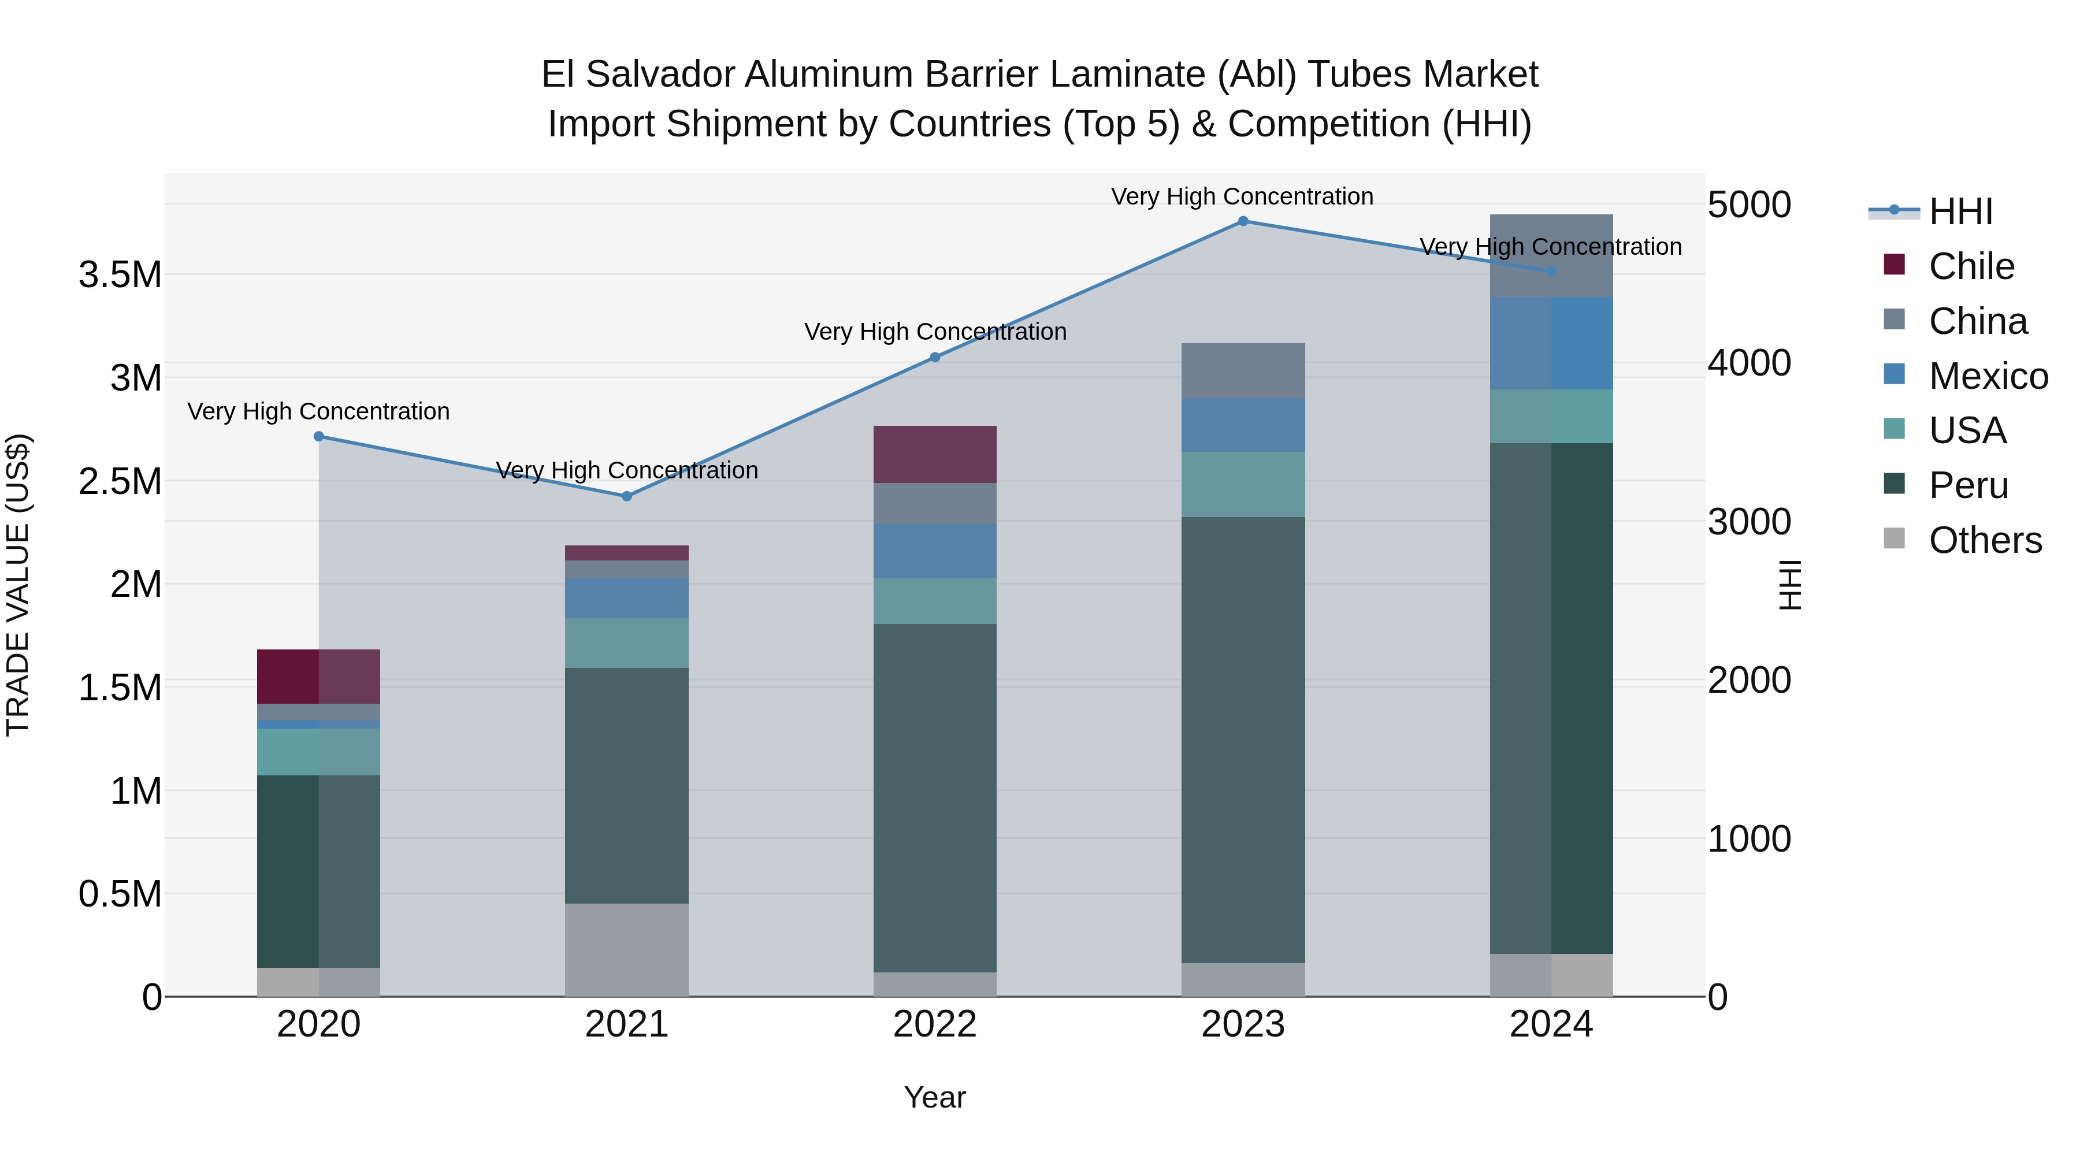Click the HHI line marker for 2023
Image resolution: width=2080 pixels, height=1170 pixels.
(1243, 221)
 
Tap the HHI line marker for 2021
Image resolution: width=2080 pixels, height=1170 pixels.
(626, 496)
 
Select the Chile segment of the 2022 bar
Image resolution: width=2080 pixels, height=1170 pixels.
(935, 455)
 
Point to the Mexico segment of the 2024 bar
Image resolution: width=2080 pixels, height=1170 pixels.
(1551, 343)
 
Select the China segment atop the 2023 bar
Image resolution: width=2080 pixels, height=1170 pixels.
(1243, 370)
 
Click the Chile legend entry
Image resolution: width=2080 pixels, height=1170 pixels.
(1970, 266)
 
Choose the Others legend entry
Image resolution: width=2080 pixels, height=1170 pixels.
(1984, 540)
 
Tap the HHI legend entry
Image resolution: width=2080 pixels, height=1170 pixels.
(1960, 211)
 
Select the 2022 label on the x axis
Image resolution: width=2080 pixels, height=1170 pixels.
(935, 1024)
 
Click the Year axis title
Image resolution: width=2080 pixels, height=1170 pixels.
(935, 1097)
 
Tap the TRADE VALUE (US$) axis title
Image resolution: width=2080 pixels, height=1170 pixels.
(18, 585)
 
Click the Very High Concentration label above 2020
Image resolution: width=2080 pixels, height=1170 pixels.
(318, 412)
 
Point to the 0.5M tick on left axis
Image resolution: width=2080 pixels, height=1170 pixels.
(120, 894)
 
